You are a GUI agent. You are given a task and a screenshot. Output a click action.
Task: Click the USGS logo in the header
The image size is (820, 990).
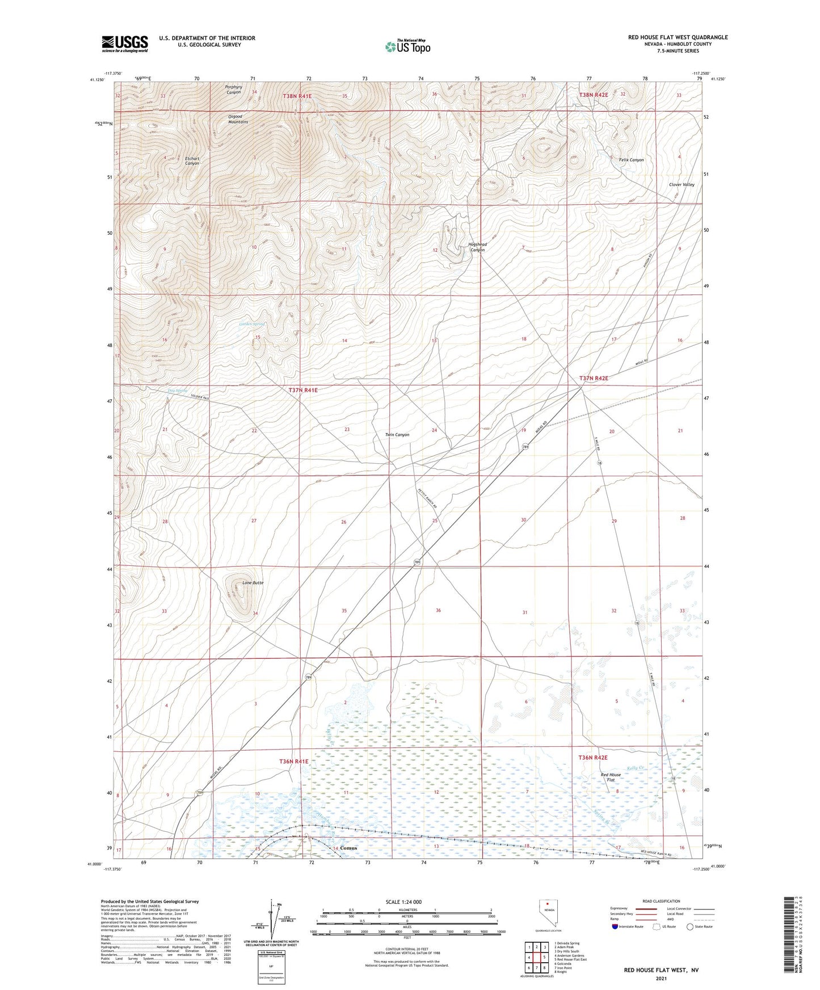point(125,43)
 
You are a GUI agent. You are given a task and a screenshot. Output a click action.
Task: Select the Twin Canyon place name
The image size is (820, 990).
point(397,435)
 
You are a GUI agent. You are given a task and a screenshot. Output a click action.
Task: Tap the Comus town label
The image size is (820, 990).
point(348,848)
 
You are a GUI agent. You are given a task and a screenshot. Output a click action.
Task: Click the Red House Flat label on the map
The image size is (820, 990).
point(611,777)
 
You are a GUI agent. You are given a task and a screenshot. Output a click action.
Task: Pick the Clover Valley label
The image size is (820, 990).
point(682,185)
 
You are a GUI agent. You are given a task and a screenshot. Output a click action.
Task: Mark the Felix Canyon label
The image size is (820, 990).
point(631,160)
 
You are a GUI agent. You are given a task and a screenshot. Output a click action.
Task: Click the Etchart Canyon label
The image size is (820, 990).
point(192,160)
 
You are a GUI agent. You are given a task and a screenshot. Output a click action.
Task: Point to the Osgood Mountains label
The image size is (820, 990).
point(238,119)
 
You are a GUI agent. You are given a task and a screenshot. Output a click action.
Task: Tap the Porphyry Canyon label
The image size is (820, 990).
point(234,90)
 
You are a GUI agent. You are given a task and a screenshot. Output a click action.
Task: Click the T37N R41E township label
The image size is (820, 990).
point(303,390)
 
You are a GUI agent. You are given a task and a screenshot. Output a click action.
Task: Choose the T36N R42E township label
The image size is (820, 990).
point(593,758)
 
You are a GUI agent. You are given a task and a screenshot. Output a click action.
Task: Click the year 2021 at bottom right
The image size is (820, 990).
point(661,978)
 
